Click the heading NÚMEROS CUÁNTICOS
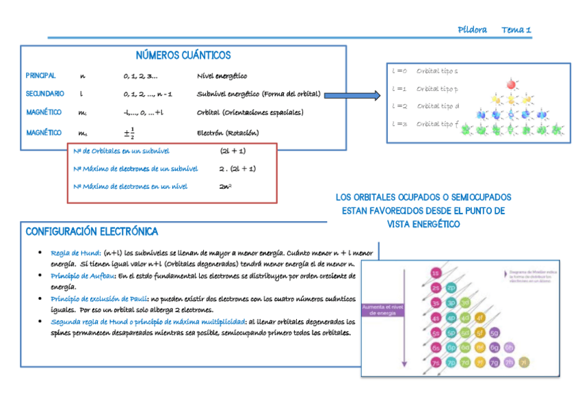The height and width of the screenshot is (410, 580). click(x=183, y=55)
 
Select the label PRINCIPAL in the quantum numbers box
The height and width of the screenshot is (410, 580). click(x=40, y=76)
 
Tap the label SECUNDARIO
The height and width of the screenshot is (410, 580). click(x=44, y=94)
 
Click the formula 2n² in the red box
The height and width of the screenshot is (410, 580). click(x=225, y=186)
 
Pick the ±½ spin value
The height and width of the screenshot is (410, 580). click(x=129, y=132)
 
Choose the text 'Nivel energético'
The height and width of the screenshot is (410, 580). click(x=222, y=76)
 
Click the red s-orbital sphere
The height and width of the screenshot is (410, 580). click(x=510, y=84)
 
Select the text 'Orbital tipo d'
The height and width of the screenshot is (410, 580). click(x=438, y=106)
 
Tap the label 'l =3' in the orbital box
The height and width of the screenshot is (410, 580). click(x=399, y=124)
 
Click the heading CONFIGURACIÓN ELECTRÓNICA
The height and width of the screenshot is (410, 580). click(x=92, y=231)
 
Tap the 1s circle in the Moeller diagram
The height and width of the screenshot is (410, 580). click(x=436, y=274)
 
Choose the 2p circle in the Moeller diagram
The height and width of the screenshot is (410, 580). click(x=451, y=287)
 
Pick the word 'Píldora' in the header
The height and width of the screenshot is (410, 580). click(x=472, y=29)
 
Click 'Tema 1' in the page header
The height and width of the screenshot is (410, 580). click(x=516, y=29)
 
